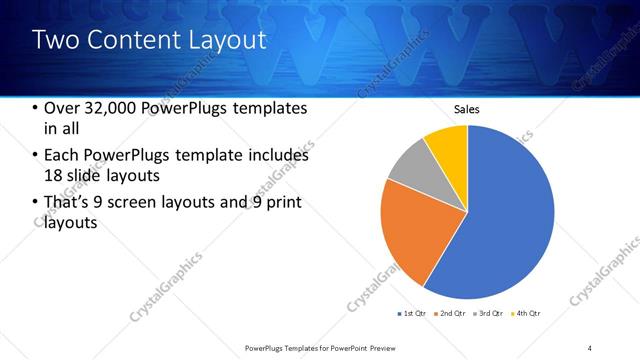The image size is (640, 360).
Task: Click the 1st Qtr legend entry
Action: [x=413, y=314]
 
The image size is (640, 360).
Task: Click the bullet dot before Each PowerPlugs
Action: [x=37, y=157]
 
